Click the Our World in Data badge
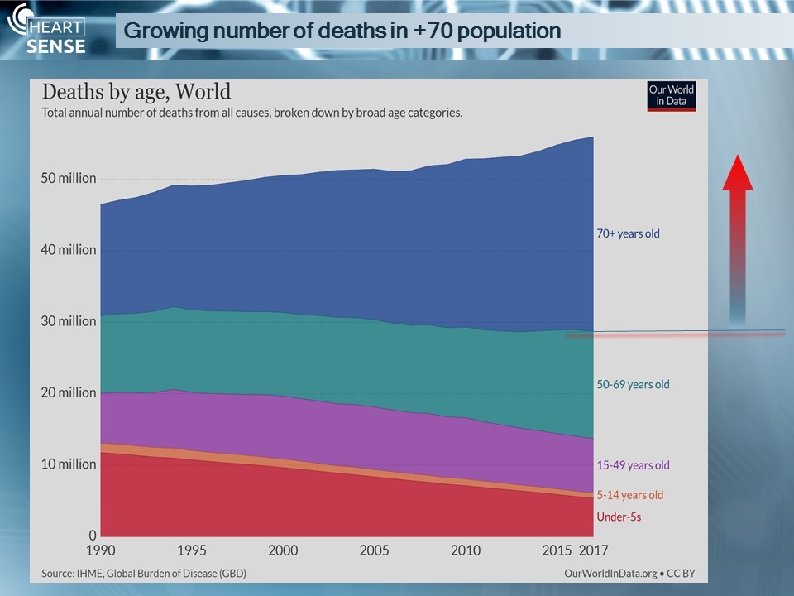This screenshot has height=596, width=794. [671, 96]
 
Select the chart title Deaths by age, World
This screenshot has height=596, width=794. [136, 91]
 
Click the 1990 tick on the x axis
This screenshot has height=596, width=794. [100, 550]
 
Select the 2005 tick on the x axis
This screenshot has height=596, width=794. [374, 550]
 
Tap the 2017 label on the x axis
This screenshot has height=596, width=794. [592, 550]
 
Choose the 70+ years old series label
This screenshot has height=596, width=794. [629, 233]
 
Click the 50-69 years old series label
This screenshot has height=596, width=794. [633, 384]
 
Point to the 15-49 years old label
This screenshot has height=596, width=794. [633, 465]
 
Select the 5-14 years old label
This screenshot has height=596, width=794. [630, 495]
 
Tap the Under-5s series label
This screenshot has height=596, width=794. [619, 517]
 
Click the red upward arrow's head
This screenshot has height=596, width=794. [738, 173]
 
